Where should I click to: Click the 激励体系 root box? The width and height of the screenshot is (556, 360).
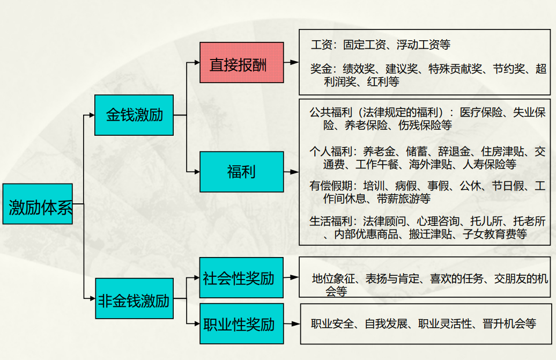tap(41, 204)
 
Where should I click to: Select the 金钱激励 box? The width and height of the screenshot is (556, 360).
tap(134, 115)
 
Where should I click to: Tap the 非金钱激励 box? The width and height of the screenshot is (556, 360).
tap(134, 298)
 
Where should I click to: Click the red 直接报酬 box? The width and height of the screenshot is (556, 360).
tap(242, 62)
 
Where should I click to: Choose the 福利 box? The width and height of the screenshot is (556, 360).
tap(242, 172)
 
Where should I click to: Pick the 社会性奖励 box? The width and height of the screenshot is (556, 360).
tap(241, 277)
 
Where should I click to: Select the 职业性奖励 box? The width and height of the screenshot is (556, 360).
tap(241, 324)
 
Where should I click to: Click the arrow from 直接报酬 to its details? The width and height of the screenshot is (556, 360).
tap(291, 62)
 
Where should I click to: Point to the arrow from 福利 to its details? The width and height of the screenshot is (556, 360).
tap(291, 172)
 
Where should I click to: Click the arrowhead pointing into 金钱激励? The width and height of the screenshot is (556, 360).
tap(91, 115)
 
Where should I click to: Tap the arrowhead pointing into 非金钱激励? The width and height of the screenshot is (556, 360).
tap(91, 298)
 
